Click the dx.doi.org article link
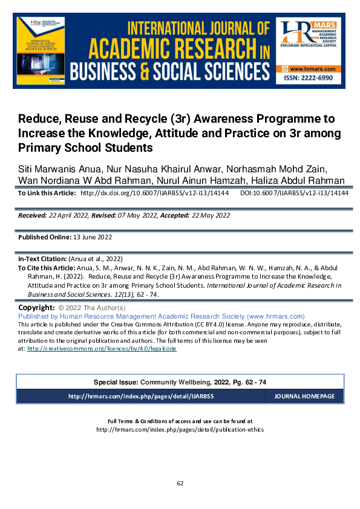[x=154, y=193]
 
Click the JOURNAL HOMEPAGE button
[x=304, y=397]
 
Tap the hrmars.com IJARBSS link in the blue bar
[x=141, y=397]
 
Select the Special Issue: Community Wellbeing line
[x=180, y=382]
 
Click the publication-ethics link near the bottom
[x=180, y=430]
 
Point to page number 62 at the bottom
[x=180, y=483]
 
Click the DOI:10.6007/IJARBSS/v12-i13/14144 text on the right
[x=294, y=193]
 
